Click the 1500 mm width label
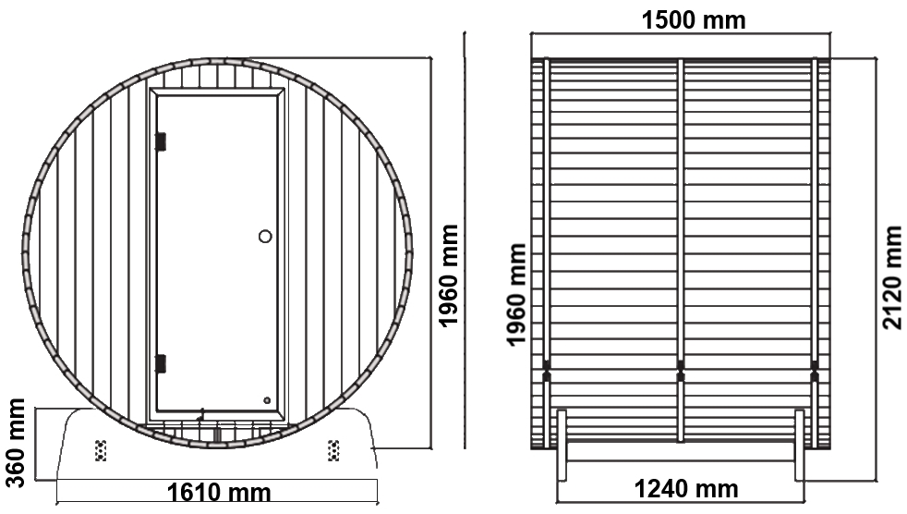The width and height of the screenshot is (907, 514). coord(694,20)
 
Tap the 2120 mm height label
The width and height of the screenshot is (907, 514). coord(892,278)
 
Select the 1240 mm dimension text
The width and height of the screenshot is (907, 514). coord(686,489)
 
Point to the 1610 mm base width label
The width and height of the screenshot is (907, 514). coord(219,493)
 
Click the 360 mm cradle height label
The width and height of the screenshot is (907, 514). coord(16,443)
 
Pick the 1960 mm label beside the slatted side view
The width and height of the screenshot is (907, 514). coord(516,295)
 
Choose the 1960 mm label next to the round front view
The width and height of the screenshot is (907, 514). coord(448,276)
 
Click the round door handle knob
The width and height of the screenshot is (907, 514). coord(265,236)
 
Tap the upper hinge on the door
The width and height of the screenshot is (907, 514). coord(160,141)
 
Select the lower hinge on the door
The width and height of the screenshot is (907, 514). coord(160,363)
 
